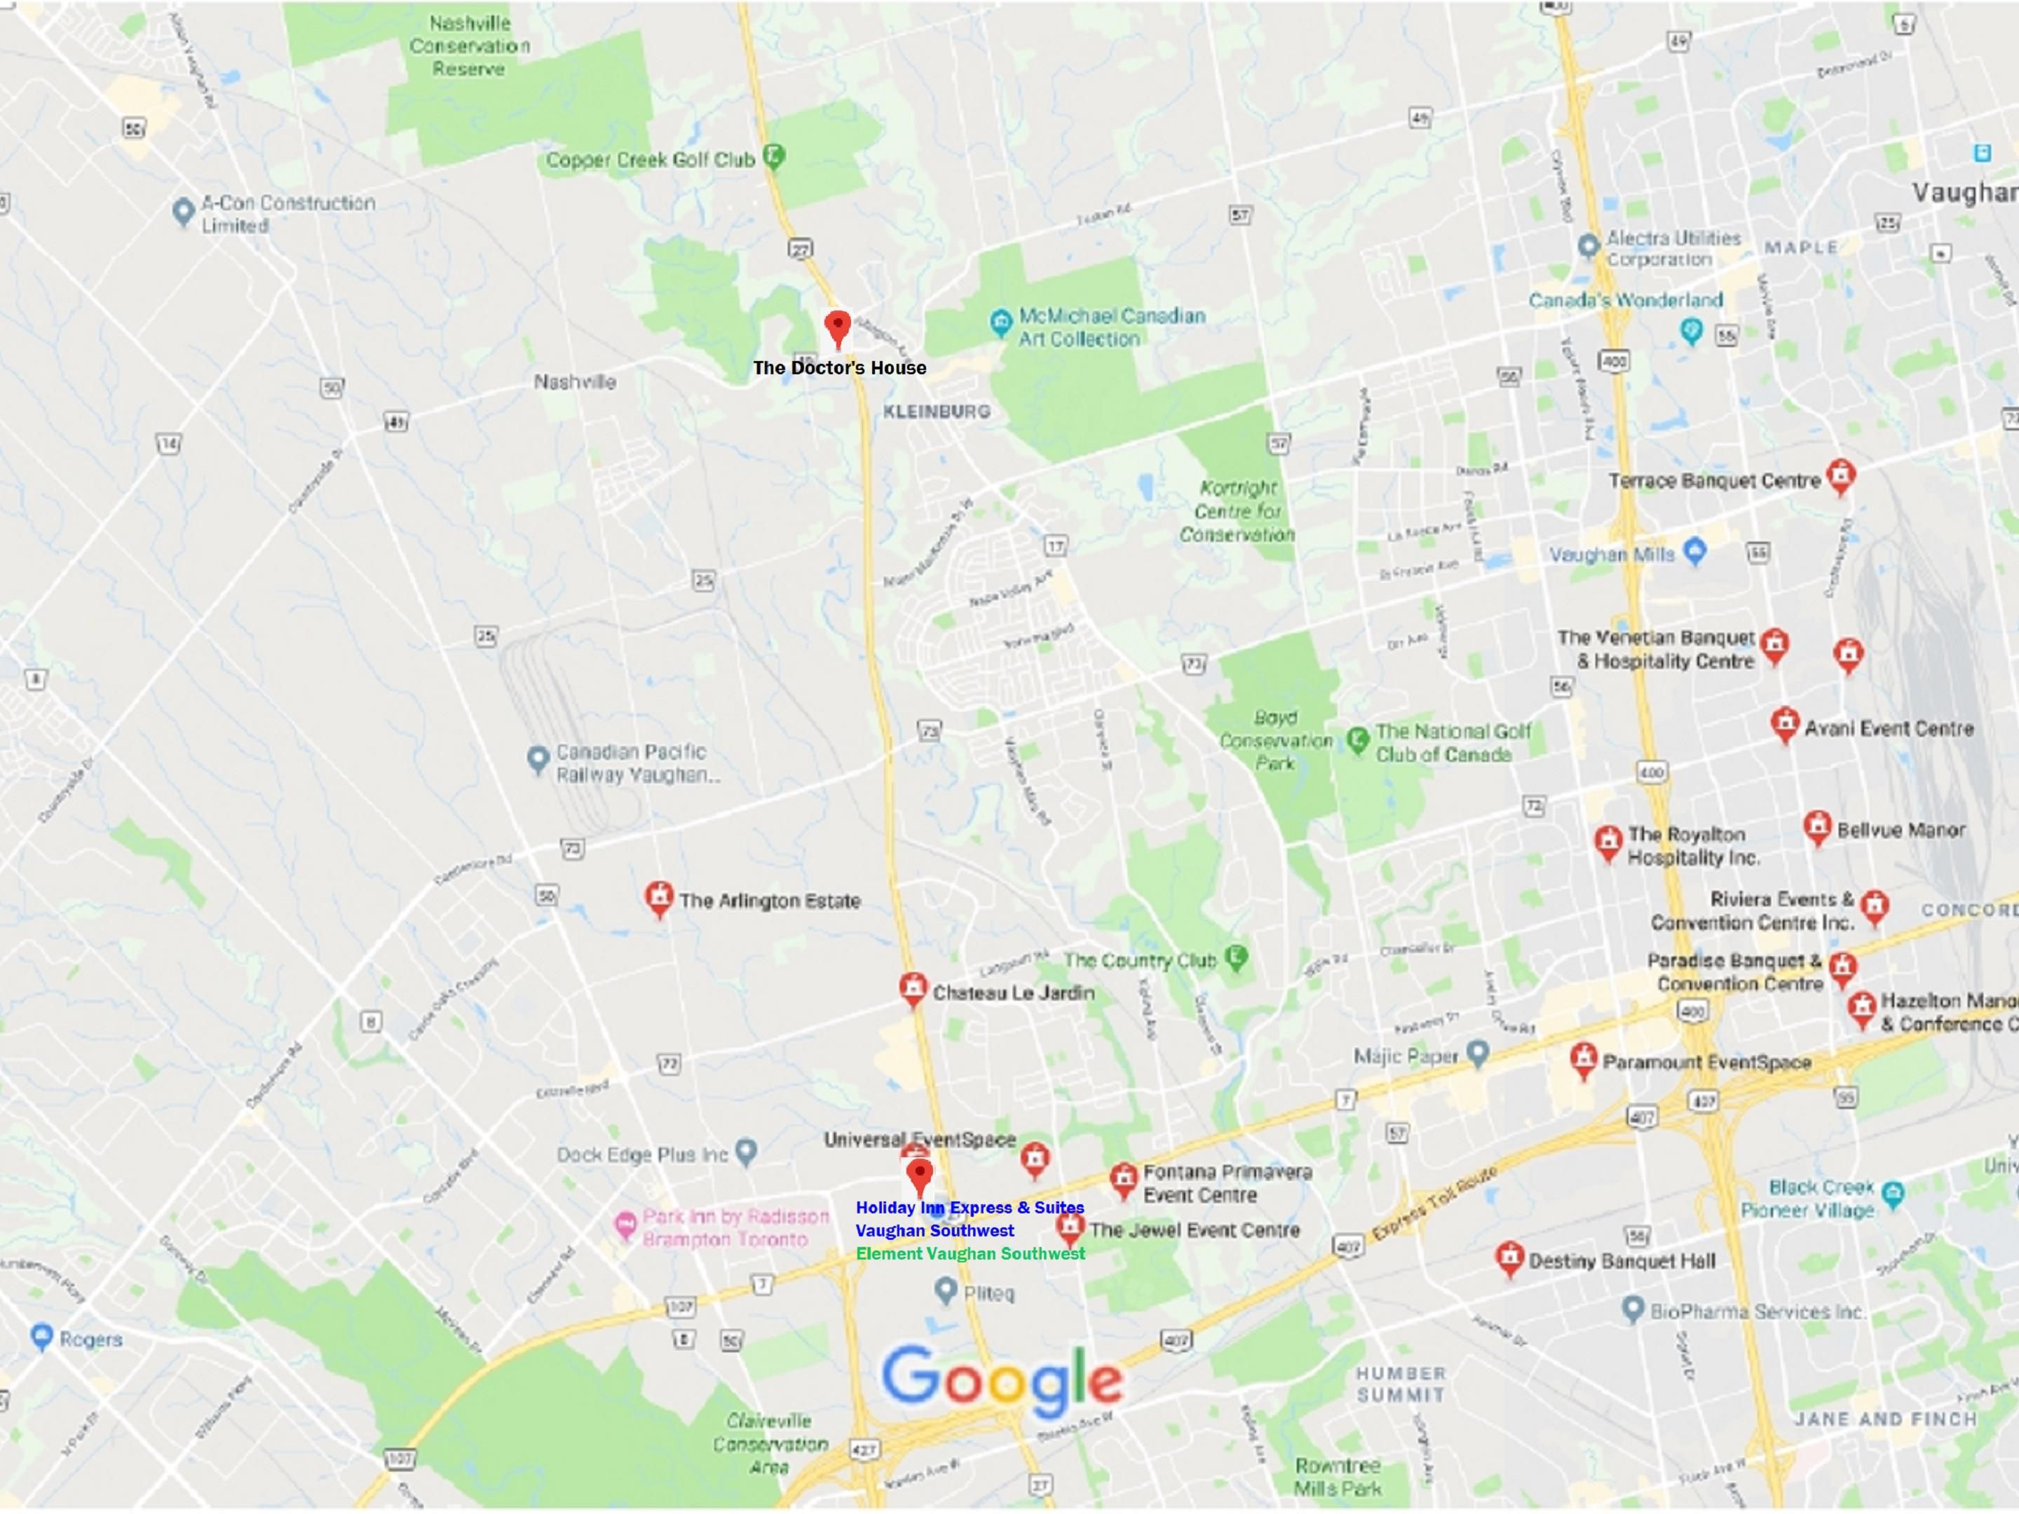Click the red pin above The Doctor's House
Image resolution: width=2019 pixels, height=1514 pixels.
837,327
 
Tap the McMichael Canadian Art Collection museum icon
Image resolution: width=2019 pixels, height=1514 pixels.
1001,322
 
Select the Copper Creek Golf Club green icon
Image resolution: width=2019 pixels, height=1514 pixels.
774,156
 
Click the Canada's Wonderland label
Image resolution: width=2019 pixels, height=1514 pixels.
1626,300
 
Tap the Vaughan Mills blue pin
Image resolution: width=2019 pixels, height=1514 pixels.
1695,550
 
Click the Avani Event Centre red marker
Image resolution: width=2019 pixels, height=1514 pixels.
1784,725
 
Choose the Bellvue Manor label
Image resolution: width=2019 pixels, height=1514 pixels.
1901,831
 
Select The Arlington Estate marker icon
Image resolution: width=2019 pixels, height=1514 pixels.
658,897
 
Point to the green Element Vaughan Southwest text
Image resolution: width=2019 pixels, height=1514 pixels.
970,1254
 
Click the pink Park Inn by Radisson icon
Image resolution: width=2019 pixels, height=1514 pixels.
625,1225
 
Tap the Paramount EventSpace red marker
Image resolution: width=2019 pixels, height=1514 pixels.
1584,1060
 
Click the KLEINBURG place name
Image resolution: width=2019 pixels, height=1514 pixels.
937,411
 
